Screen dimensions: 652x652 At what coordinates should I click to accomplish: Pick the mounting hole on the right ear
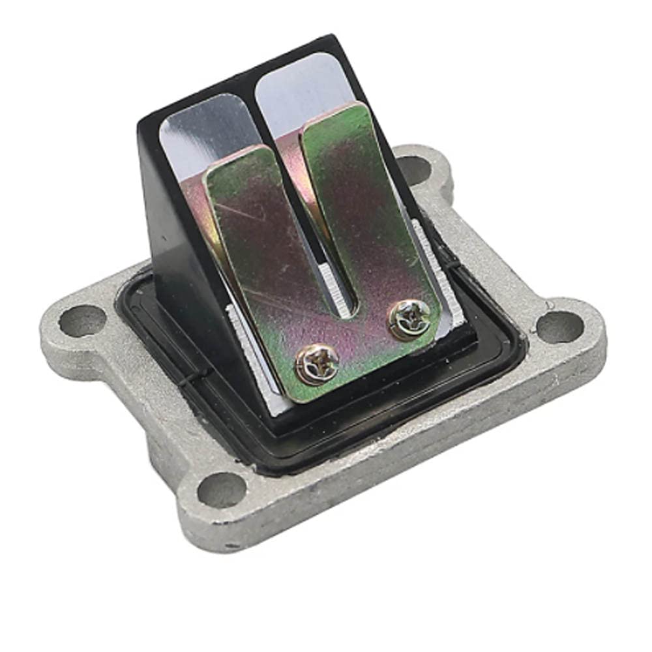coord(559,324)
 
